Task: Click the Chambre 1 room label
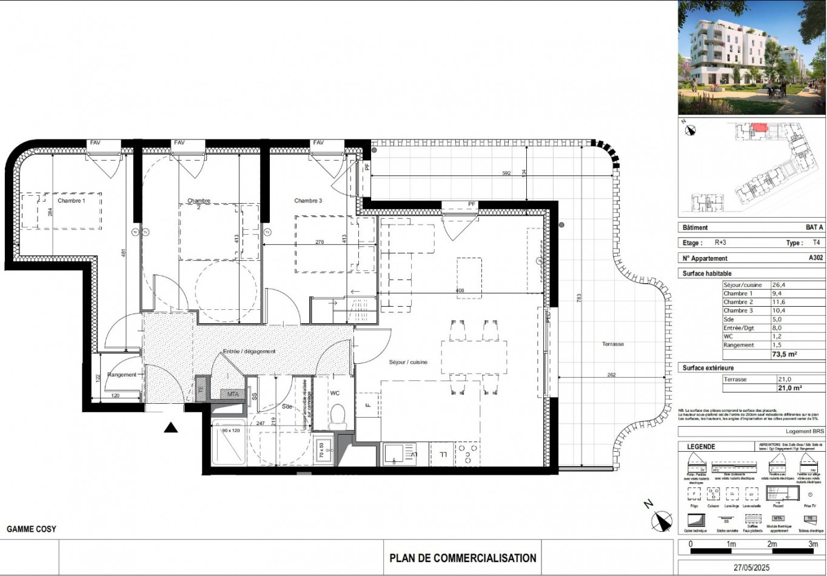click(72, 201)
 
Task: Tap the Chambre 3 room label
click(309, 201)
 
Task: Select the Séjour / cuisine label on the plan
click(408, 362)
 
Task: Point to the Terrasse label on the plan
click(613, 344)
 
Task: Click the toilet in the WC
click(337, 417)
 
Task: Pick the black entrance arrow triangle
click(171, 428)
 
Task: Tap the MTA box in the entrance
click(233, 395)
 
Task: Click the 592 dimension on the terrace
click(506, 173)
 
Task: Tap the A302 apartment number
click(816, 258)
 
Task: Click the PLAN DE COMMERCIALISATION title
click(463, 558)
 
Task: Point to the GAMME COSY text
click(32, 529)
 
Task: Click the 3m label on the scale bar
click(812, 544)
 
